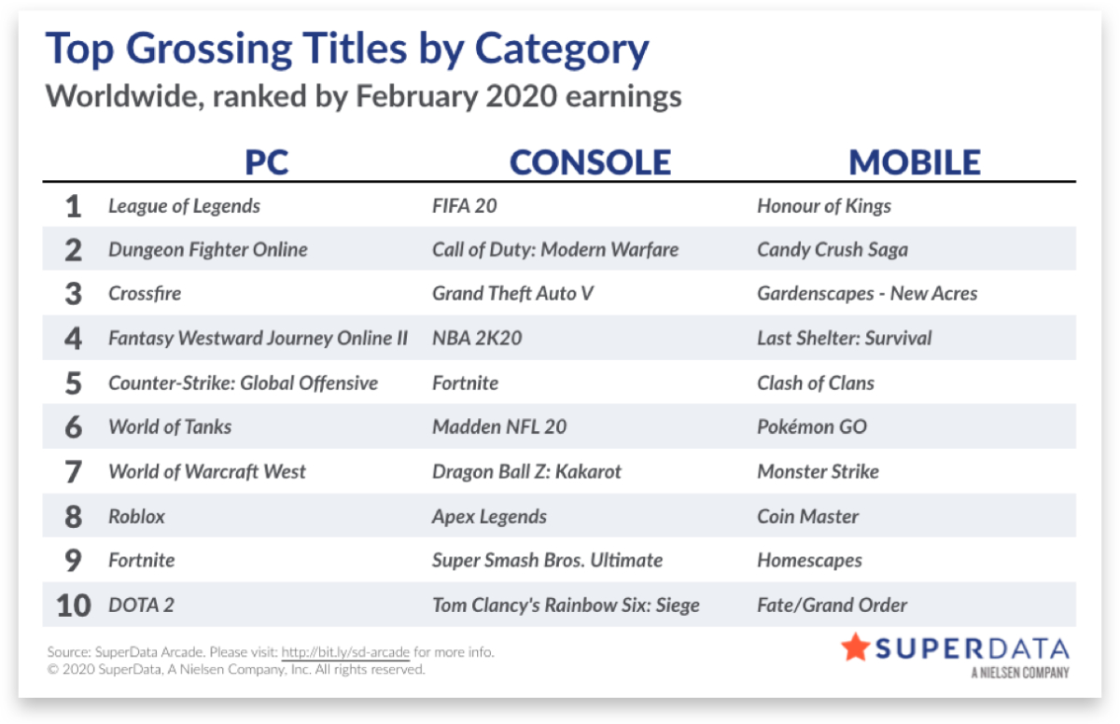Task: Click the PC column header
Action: (267, 162)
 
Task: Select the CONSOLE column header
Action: (590, 162)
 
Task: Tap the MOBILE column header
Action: (915, 162)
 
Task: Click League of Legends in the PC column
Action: (184, 206)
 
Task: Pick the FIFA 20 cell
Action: (465, 206)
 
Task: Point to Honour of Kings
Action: (824, 206)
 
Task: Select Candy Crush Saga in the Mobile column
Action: (833, 250)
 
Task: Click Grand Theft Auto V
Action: (513, 294)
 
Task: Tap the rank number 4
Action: (73, 339)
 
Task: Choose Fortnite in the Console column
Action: (466, 383)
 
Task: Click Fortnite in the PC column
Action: (142, 561)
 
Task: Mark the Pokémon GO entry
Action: (812, 427)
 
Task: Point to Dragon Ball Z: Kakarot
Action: (526, 472)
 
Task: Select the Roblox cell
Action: (136, 517)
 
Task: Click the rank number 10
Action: (74, 606)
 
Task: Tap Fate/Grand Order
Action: (832, 606)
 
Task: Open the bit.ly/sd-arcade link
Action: (345, 652)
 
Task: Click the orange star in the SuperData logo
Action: (856, 647)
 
